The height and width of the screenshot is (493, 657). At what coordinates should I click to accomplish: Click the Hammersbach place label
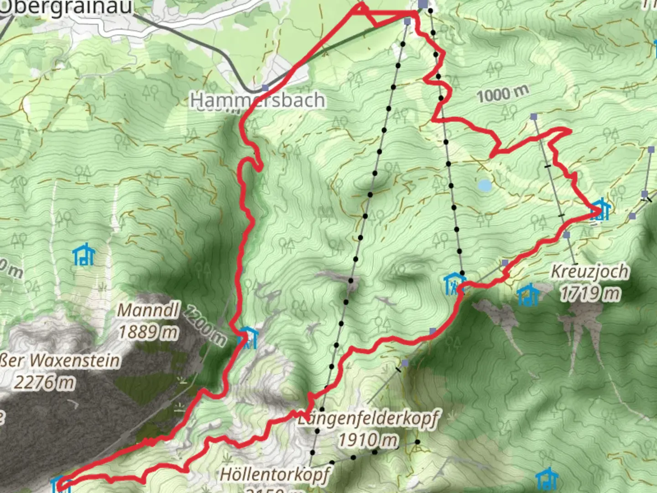click(x=258, y=100)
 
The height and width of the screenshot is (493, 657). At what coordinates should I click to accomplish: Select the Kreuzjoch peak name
click(x=589, y=272)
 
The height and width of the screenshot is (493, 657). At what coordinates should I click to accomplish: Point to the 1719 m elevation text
click(x=590, y=293)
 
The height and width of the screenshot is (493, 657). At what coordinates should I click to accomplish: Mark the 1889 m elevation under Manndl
click(x=148, y=332)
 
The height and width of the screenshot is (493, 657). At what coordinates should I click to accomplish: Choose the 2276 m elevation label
click(x=44, y=382)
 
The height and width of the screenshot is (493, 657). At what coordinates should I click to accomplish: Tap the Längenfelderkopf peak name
click(x=369, y=418)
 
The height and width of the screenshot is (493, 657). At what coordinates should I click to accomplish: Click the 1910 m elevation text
click(x=368, y=440)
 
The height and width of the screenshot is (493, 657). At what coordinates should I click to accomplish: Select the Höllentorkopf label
click(x=275, y=474)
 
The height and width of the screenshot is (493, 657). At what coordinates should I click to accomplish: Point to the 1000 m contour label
click(x=502, y=94)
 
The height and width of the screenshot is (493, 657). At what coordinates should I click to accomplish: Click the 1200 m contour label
click(x=205, y=326)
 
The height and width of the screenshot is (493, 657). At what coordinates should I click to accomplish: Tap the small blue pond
click(x=485, y=185)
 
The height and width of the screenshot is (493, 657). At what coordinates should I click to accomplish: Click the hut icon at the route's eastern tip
click(x=600, y=210)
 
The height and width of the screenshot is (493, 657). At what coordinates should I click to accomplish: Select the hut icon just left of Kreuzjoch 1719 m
click(x=528, y=294)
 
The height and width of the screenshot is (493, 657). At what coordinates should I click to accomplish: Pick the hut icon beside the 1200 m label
click(x=248, y=338)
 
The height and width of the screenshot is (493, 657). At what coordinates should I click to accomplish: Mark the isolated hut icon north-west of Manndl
click(x=84, y=255)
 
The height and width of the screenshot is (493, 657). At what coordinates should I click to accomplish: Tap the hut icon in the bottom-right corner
click(x=546, y=479)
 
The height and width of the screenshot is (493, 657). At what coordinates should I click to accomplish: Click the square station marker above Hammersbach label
click(x=266, y=88)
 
